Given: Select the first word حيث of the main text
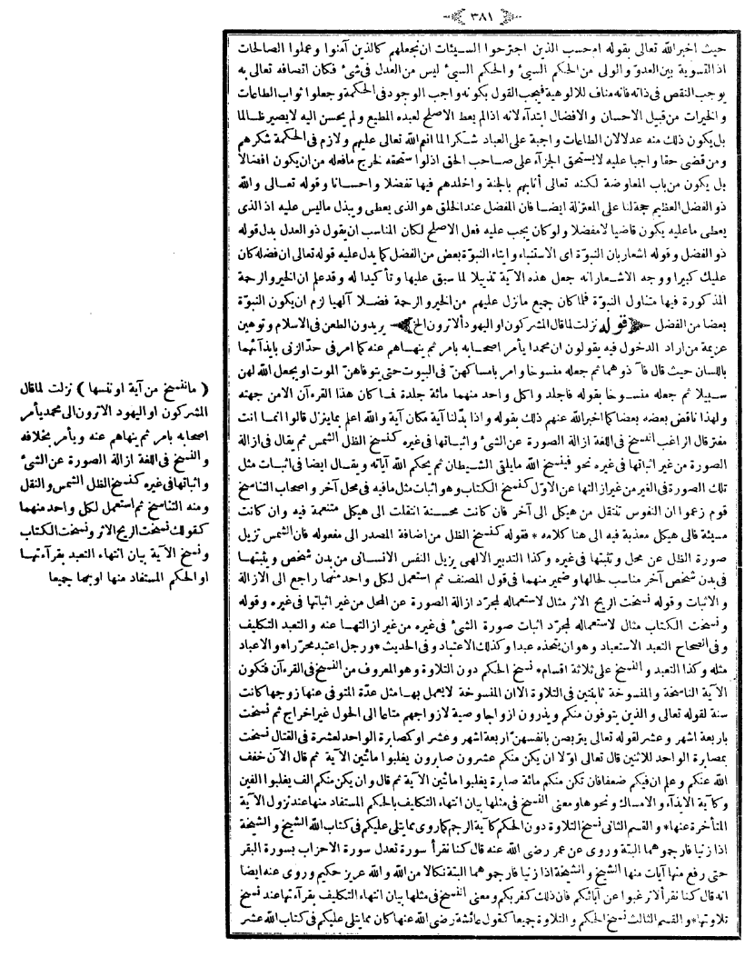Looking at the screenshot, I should (x=712, y=41).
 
